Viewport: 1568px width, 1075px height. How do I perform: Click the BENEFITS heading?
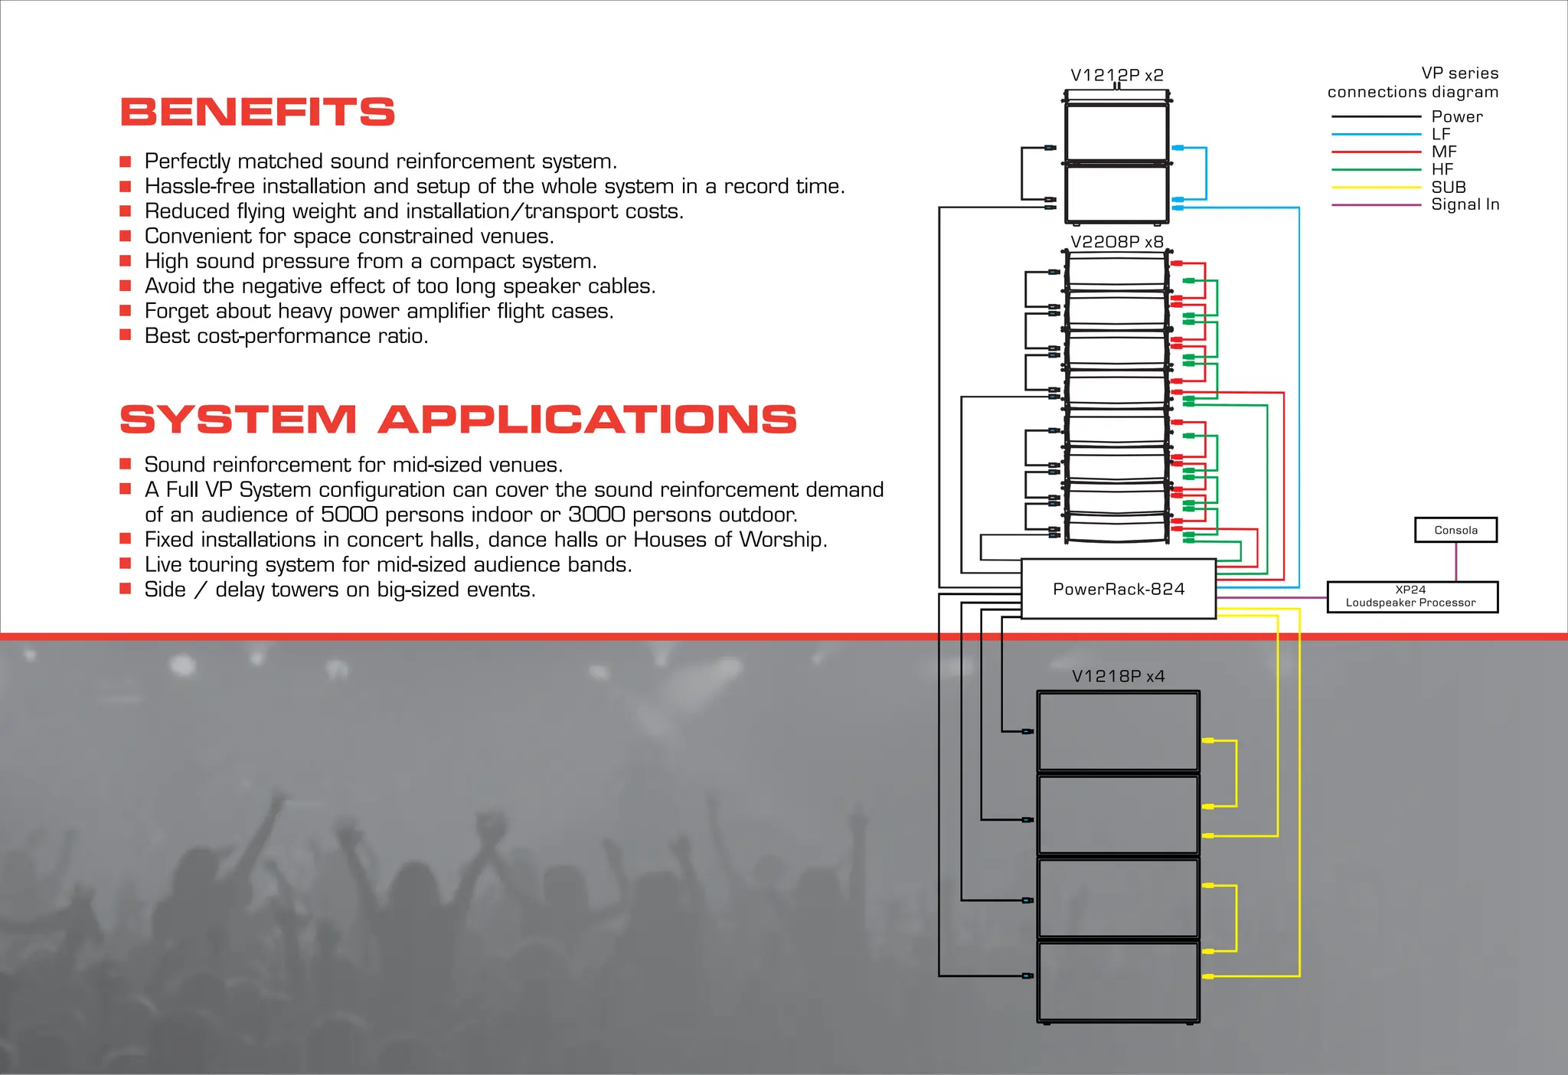[257, 112]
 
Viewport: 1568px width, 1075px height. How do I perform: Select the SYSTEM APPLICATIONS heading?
[458, 420]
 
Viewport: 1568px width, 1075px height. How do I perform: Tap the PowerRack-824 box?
[1119, 589]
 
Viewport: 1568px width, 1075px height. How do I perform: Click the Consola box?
[1455, 530]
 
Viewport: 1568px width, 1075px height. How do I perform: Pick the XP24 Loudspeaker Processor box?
[1412, 596]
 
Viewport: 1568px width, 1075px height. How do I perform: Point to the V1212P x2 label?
[1116, 75]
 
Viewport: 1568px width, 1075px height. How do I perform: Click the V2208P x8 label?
[1116, 242]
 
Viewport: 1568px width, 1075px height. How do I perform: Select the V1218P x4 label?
[1118, 676]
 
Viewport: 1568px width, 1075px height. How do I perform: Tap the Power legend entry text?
[1456, 116]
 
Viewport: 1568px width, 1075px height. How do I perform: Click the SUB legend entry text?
[1449, 187]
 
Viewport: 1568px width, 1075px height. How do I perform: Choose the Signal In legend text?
[1465, 204]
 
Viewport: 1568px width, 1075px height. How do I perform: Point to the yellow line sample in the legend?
[1376, 188]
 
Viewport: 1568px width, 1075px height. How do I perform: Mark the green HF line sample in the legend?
[1376, 170]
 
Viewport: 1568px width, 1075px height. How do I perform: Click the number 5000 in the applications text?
[348, 515]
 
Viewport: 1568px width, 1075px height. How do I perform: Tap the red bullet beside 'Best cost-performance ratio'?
[126, 335]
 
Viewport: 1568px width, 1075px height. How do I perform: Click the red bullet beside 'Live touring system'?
[126, 564]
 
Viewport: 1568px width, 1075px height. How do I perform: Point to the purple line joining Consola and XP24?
[1455, 562]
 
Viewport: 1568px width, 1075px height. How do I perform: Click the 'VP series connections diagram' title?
[1413, 83]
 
